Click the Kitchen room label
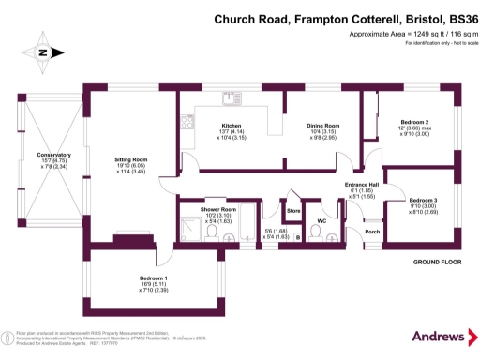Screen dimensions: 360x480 coord(232,125)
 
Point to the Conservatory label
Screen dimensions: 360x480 coord(53,155)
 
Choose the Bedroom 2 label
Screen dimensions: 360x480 coord(414,122)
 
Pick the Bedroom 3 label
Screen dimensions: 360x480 coord(423,200)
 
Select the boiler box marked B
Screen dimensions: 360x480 coord(297,237)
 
